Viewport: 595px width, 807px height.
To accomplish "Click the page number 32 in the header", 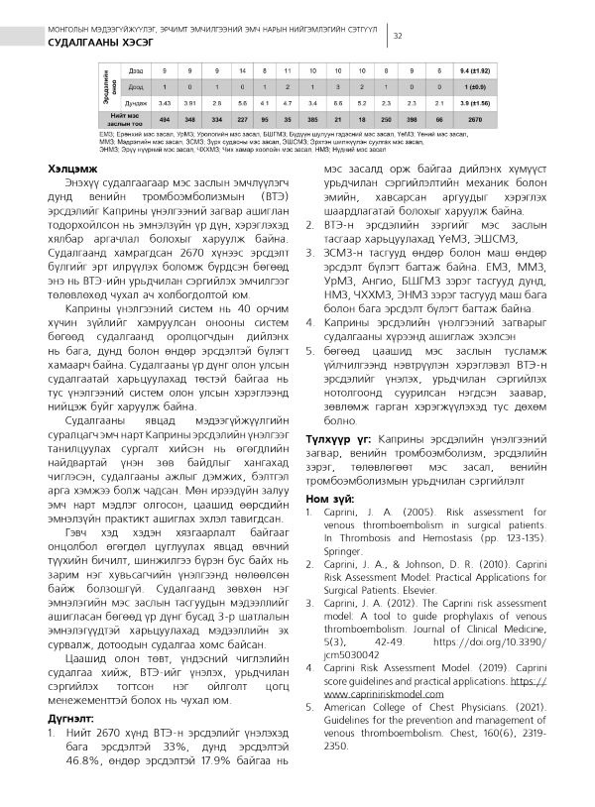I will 397,37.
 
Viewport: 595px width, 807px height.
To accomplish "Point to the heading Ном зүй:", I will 326,497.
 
